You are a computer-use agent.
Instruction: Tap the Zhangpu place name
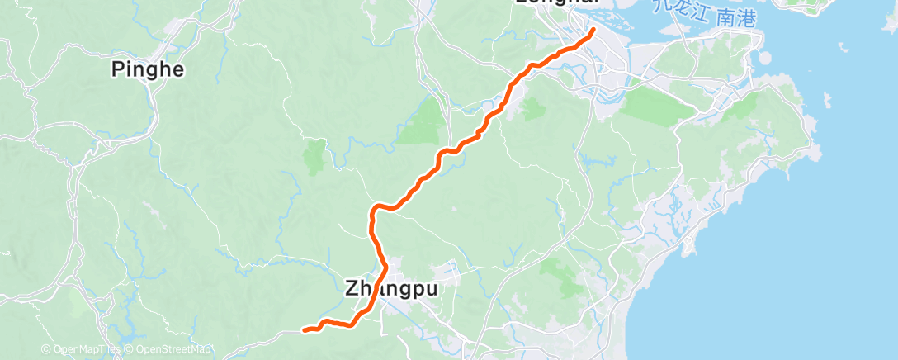tap(390, 289)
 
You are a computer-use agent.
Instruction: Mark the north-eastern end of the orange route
tap(593, 31)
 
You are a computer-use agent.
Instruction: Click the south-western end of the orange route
tap(305, 330)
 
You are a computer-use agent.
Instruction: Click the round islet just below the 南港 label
tap(764, 60)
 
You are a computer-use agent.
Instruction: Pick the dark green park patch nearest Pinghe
tap(314, 156)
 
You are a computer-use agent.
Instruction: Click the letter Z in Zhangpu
tap(350, 289)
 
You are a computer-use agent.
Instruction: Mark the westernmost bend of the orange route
tap(371, 216)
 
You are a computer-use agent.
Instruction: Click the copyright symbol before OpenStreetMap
tap(128, 350)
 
